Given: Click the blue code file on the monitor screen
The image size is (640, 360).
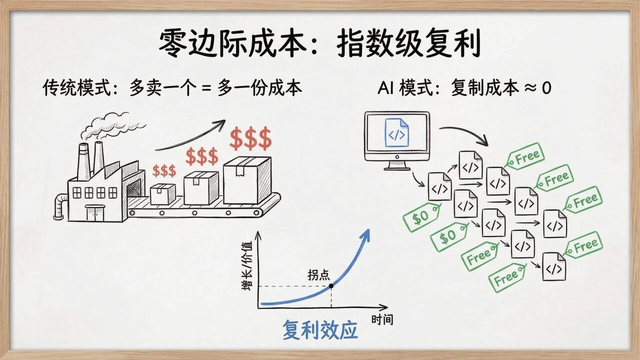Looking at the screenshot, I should click(396, 132).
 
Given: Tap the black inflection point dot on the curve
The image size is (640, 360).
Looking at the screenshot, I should click(330, 286).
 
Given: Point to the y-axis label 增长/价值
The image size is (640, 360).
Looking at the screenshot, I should click(246, 265).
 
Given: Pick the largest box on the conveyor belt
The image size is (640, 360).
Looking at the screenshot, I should click(246, 180).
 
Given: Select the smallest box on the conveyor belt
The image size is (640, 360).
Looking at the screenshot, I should click(163, 194).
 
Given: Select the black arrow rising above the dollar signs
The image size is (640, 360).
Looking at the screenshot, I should click(190, 136).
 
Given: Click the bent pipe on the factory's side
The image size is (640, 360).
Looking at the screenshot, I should click(60, 205).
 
